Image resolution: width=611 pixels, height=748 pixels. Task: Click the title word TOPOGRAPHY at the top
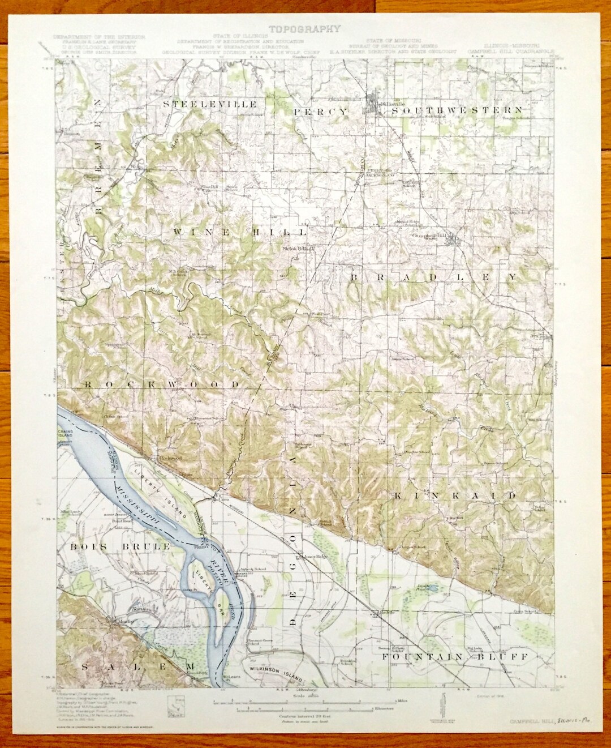304,29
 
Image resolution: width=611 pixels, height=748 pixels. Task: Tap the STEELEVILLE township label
210,105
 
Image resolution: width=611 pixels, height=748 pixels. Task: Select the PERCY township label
321,112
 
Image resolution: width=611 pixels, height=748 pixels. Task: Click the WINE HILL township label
240,232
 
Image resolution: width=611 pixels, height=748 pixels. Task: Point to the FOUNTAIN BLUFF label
455,656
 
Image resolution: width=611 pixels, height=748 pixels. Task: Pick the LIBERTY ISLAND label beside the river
161,486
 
